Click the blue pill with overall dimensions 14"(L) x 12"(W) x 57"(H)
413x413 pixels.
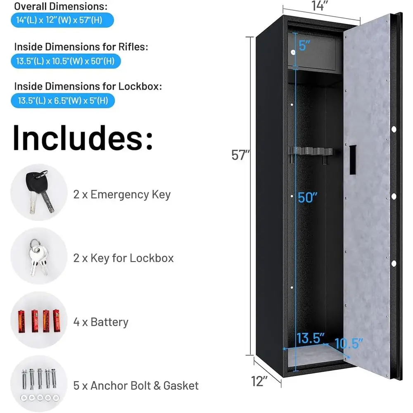click(62, 20)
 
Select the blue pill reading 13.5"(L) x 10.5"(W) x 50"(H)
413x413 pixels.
click(66, 61)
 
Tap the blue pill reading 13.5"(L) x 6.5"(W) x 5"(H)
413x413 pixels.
click(63, 100)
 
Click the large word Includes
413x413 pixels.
click(83, 138)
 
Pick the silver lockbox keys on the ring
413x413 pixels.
click(39, 257)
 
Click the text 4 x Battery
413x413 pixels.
click(101, 322)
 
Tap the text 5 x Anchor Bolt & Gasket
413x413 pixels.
click(136, 386)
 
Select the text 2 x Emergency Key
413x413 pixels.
click(122, 195)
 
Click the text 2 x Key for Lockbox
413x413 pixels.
click(123, 258)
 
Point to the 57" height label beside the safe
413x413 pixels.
click(240, 155)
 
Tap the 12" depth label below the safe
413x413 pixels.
click(259, 381)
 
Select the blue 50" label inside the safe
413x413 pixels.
click(307, 197)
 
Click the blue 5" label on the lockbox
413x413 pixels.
click(304, 45)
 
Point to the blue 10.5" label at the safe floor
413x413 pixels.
click(349, 344)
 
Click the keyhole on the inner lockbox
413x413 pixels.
click(293, 52)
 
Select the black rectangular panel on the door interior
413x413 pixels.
click(353, 159)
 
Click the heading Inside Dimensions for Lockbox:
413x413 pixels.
click(88, 86)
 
